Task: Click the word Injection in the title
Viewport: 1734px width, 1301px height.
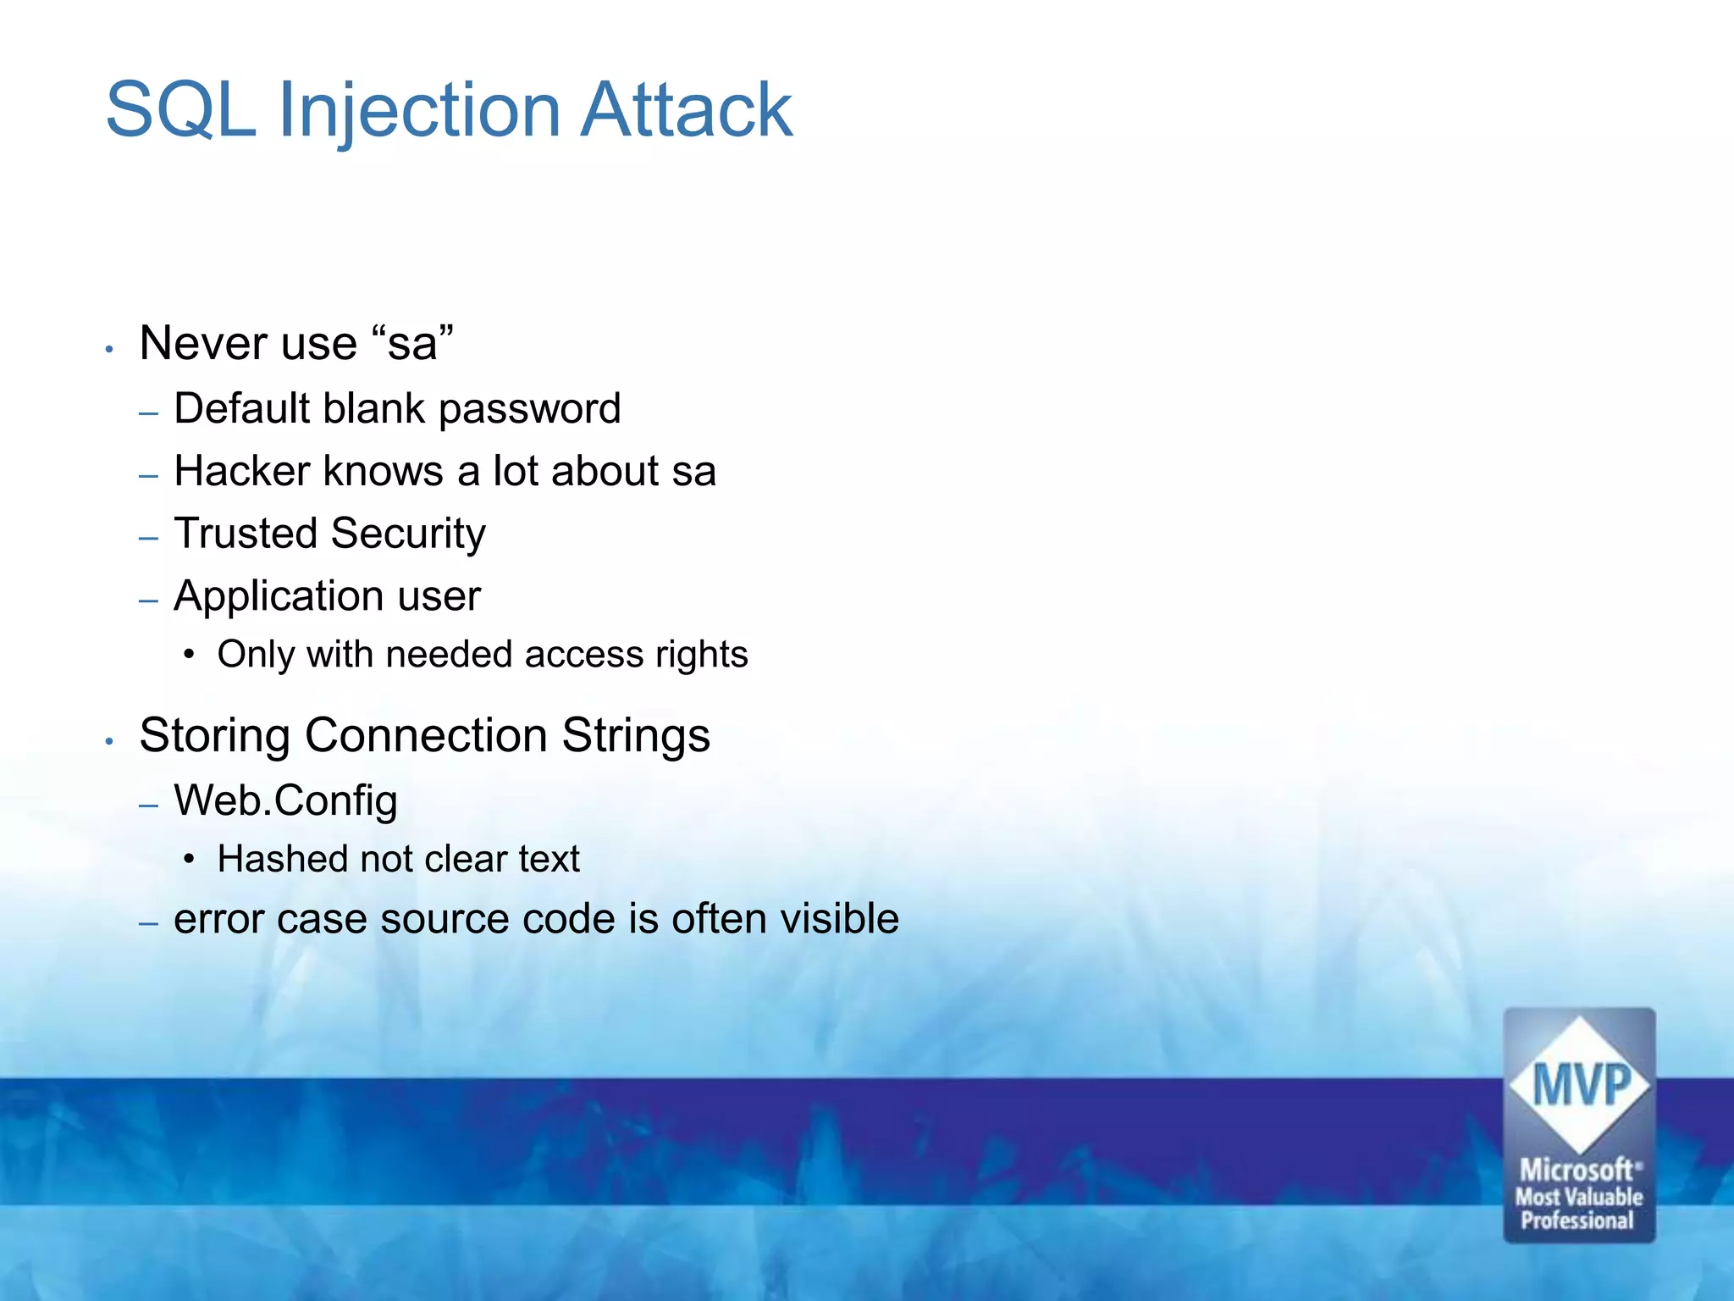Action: [419, 110]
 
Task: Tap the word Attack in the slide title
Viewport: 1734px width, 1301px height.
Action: [686, 110]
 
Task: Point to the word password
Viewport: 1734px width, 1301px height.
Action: [529, 409]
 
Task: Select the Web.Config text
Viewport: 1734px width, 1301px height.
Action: [285, 800]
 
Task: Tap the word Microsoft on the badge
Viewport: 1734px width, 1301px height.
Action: [1577, 1170]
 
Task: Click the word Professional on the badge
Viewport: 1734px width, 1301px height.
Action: [1577, 1221]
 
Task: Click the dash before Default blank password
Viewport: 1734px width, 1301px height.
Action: [149, 413]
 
